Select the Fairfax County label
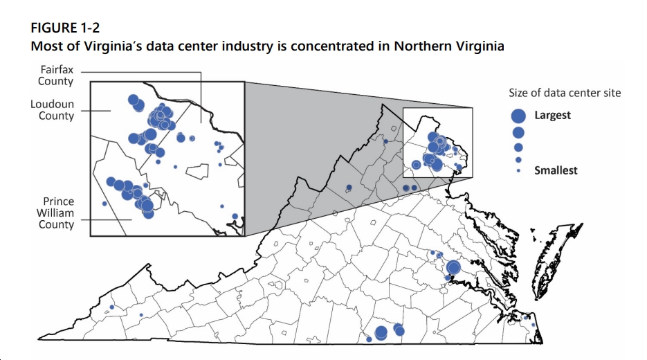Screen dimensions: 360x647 click(x=56, y=75)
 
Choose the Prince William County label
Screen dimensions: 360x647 click(x=55, y=213)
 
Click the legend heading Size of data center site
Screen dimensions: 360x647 click(x=565, y=93)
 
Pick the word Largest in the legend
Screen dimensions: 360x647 click(x=552, y=115)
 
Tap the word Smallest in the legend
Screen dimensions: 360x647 click(x=555, y=170)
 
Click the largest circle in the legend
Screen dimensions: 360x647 click(x=518, y=115)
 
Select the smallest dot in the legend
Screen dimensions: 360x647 click(x=518, y=170)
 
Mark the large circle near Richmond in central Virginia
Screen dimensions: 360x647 click(x=453, y=267)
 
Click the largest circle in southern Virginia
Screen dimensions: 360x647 click(x=381, y=333)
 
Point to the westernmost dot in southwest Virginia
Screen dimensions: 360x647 click(x=112, y=307)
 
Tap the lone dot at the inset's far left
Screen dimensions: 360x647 click(x=104, y=203)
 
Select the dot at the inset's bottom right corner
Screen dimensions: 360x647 click(x=235, y=216)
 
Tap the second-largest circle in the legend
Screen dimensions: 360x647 click(x=518, y=132)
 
